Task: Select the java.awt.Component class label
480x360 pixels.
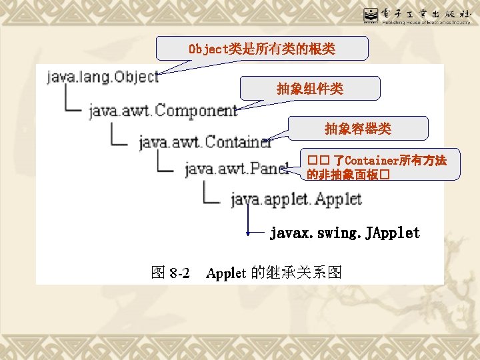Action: tap(163, 110)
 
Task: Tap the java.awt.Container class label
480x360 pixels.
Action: tap(205, 141)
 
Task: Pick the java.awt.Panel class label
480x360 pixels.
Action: tap(237, 169)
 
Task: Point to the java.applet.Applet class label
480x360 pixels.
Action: tap(296, 199)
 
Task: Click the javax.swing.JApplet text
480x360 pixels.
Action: tap(345, 233)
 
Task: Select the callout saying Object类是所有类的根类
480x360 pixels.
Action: tap(262, 49)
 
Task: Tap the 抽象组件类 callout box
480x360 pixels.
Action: tap(310, 88)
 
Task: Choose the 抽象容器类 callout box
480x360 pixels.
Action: tap(358, 128)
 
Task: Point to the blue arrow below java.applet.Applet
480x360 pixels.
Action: tap(248, 220)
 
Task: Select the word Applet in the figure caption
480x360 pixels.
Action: tap(227, 273)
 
